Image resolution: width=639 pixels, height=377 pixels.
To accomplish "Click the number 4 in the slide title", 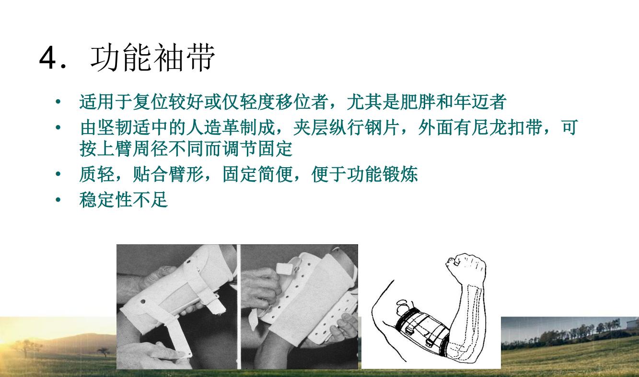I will [x=50, y=58].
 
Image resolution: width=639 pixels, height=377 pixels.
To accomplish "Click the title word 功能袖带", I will [x=153, y=58].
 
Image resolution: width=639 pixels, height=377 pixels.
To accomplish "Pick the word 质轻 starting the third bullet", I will [x=97, y=174].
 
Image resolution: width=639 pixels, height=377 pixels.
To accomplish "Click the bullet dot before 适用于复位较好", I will [x=58, y=102].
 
